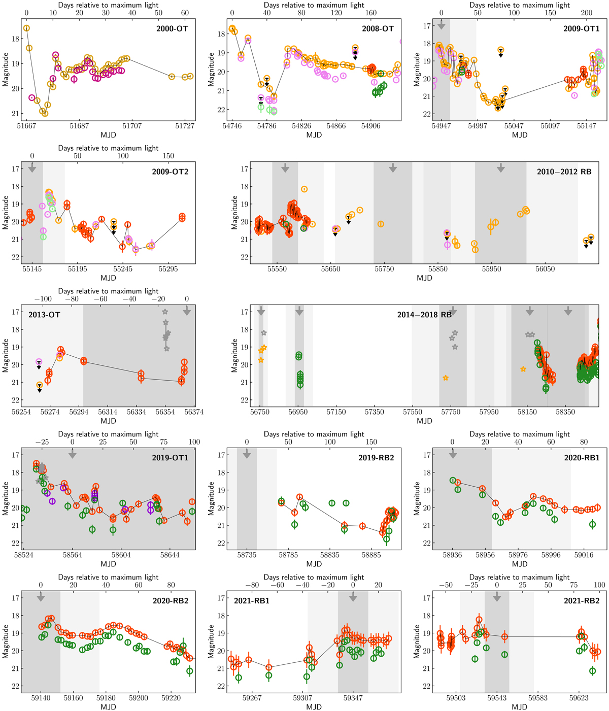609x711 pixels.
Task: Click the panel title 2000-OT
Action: (172, 29)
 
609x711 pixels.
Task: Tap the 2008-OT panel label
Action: (378, 29)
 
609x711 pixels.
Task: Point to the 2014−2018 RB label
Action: (424, 315)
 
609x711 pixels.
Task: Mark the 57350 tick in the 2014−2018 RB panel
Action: (375, 412)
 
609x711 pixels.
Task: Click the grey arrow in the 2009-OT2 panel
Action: (32, 167)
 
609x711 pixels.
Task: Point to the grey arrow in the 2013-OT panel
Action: (187, 312)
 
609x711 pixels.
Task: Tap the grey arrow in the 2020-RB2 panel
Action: (41, 598)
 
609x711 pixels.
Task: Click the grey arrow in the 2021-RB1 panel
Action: (353, 598)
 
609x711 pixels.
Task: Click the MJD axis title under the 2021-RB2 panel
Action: (520, 707)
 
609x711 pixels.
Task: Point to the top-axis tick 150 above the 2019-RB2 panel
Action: (371, 442)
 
